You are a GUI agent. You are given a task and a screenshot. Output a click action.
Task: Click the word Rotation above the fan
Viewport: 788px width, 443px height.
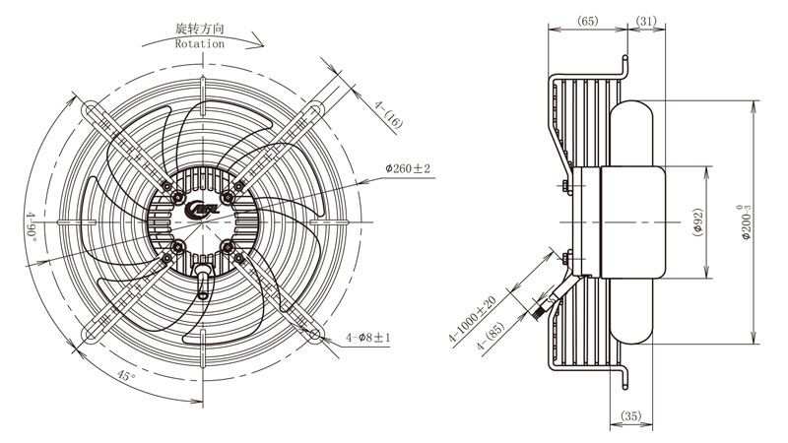click(200, 43)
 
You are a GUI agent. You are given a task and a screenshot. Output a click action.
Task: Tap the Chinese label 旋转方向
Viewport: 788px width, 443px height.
click(200, 29)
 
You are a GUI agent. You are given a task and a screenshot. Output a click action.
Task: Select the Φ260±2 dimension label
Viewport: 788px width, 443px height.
click(408, 168)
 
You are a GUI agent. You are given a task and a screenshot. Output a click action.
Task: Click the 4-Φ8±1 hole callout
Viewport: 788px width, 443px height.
click(367, 338)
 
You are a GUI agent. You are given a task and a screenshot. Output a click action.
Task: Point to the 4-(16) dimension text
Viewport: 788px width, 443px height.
click(388, 114)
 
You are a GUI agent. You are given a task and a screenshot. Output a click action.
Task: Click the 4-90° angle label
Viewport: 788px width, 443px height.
click(32, 226)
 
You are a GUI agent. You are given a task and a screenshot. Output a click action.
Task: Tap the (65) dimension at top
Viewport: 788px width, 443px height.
click(587, 21)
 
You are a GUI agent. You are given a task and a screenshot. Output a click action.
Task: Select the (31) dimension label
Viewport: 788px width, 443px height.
click(646, 21)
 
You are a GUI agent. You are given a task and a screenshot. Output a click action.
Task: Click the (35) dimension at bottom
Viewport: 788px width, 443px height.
click(631, 415)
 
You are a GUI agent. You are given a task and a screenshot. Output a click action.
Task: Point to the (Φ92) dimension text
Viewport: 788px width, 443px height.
click(697, 222)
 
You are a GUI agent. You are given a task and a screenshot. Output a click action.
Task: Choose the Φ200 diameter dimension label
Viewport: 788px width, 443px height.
click(747, 221)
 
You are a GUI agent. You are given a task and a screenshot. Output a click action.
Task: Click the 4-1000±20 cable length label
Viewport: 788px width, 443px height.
click(473, 319)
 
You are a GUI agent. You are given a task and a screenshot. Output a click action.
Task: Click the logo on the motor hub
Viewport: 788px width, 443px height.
click(202, 210)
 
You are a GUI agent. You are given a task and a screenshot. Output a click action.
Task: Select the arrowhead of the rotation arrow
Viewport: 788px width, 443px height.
click(257, 40)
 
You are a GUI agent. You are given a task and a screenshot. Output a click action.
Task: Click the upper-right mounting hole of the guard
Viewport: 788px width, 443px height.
click(315, 108)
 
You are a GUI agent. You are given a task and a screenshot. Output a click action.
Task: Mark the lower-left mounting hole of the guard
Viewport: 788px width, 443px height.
click(91, 334)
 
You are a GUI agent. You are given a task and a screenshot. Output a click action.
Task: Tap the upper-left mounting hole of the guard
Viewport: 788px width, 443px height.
click(91, 108)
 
